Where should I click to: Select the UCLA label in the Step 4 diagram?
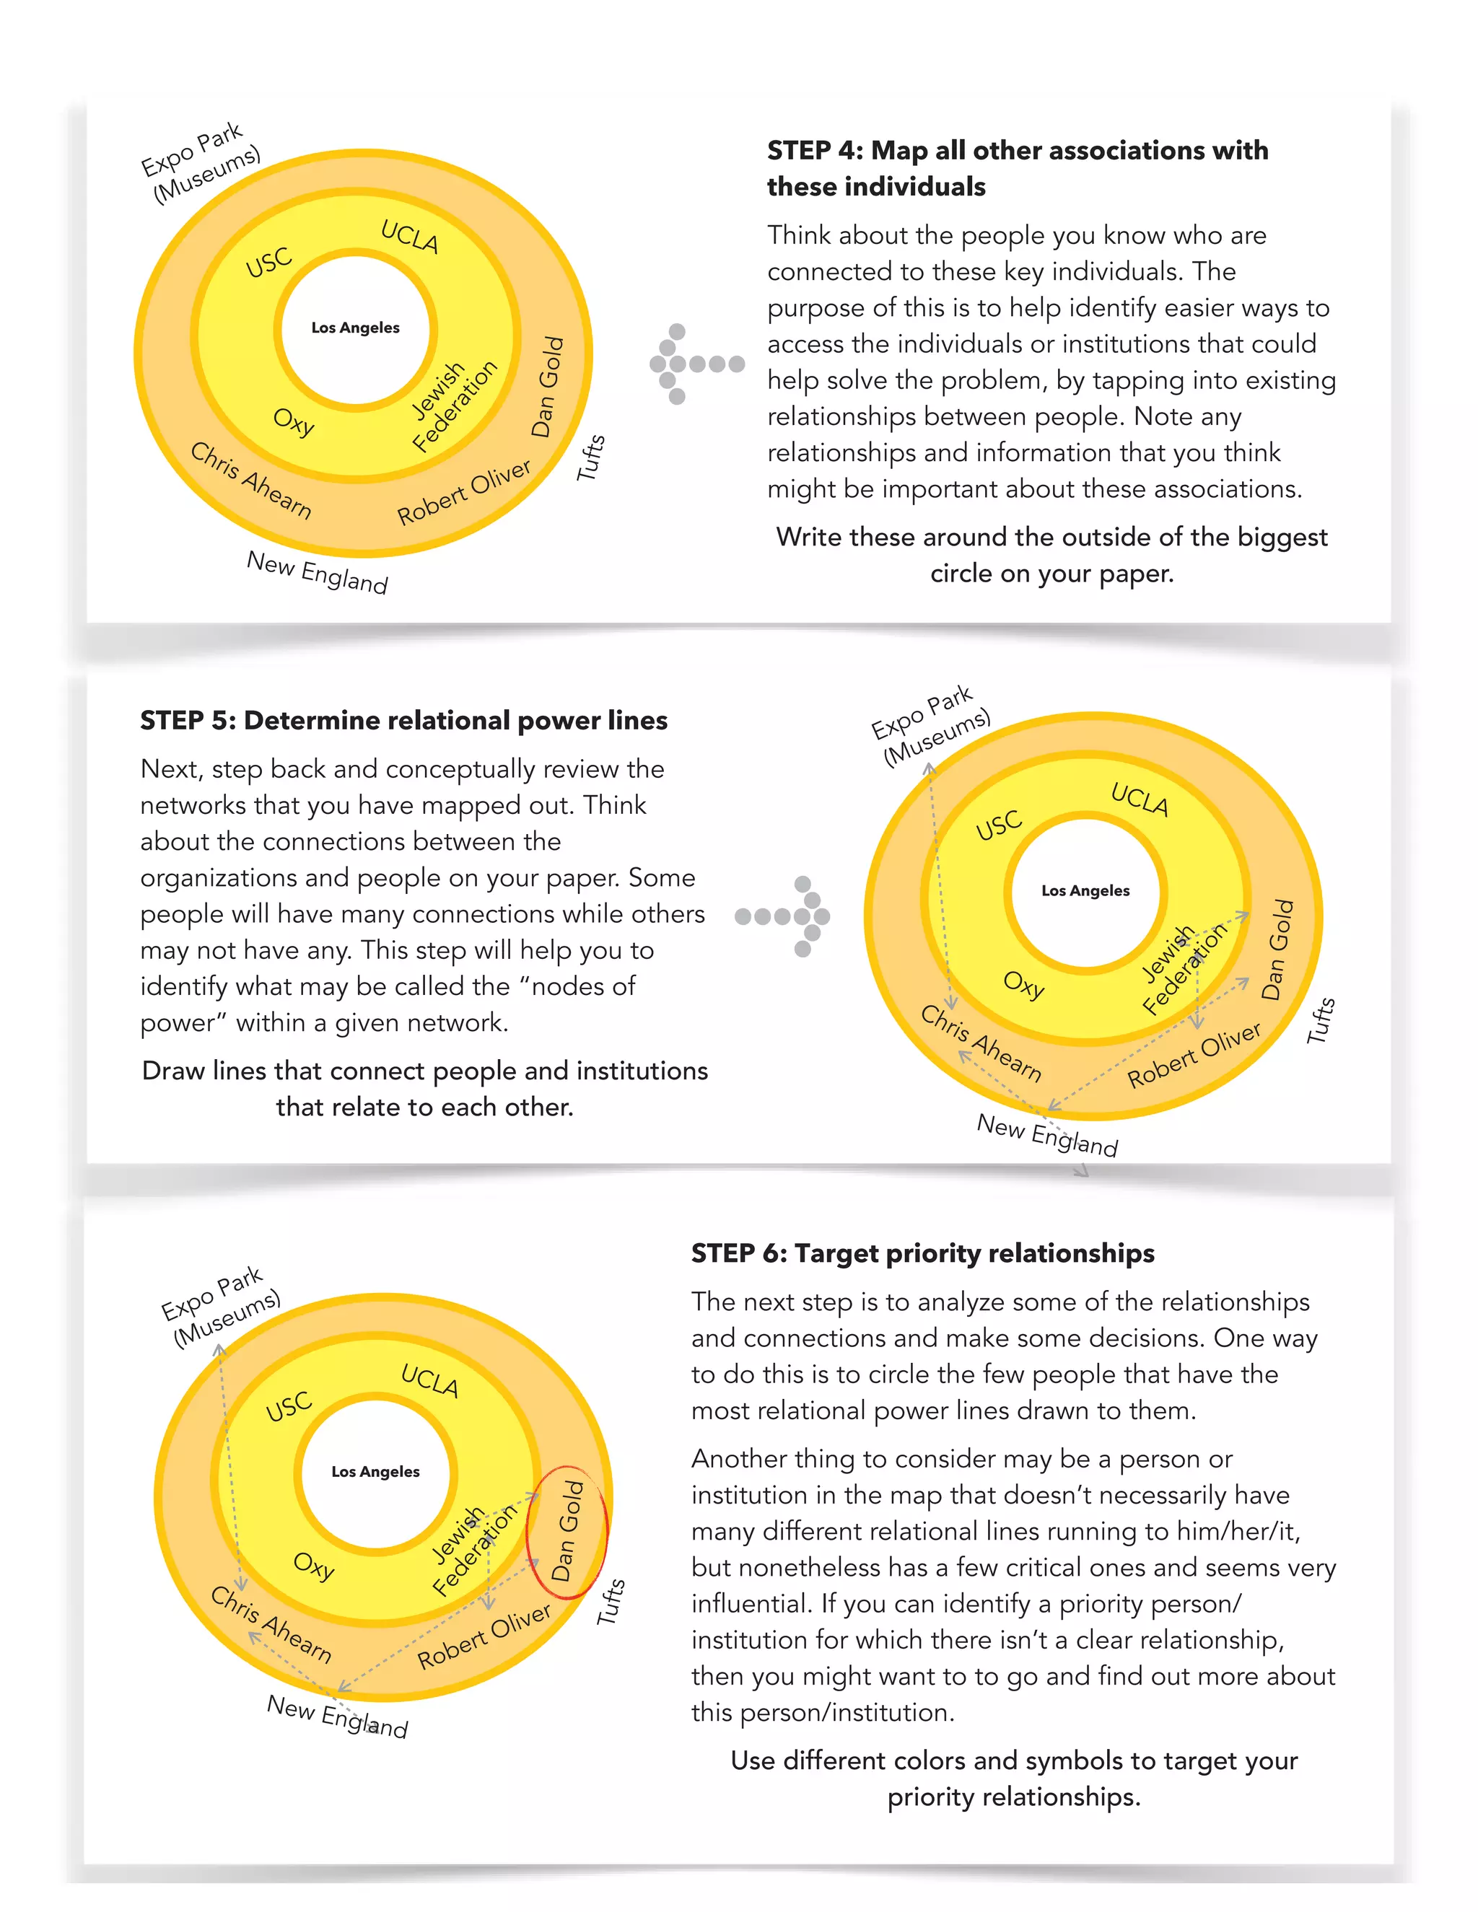click(x=409, y=237)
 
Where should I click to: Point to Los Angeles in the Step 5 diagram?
click(x=1085, y=890)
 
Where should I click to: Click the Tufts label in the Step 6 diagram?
click(x=611, y=1602)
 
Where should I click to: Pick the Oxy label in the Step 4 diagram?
click(x=293, y=422)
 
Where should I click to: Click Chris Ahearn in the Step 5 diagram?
click(x=981, y=1043)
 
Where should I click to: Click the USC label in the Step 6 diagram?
click(x=289, y=1406)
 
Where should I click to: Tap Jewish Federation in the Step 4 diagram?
click(x=452, y=405)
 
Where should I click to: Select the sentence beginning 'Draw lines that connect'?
click(x=424, y=1088)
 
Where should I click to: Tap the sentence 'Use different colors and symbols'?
click(x=1014, y=1778)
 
